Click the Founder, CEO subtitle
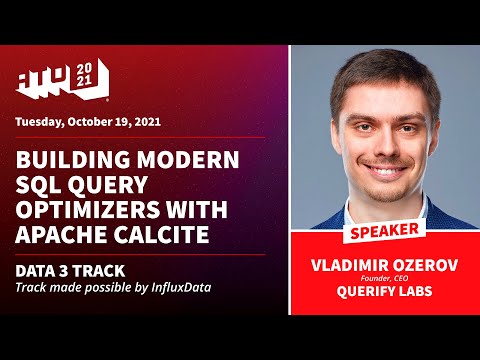pyautogui.click(x=384, y=282)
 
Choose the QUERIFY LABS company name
pyautogui.click(x=384, y=296)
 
